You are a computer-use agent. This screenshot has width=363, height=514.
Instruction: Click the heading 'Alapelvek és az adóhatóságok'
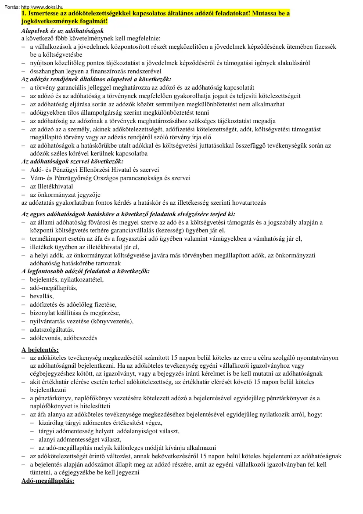click(62, 31)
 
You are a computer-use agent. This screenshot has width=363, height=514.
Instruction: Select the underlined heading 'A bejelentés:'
click(40, 350)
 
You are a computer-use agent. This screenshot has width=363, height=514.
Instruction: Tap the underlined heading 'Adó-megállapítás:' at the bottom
click(48, 481)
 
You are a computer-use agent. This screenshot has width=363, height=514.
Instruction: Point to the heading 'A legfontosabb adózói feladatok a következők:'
click(86, 271)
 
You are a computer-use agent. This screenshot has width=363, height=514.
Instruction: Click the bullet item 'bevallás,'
click(42, 296)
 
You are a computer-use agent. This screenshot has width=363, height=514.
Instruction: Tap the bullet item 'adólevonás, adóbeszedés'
click(63, 337)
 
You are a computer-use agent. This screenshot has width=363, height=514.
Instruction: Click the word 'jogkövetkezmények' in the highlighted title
click(50, 21)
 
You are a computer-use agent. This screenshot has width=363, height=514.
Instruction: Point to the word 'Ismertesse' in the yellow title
click(43, 14)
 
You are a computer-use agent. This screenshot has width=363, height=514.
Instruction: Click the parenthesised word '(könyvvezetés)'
click(112, 321)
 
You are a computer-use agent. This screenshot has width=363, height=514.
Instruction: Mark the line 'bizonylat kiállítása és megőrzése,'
click(75, 312)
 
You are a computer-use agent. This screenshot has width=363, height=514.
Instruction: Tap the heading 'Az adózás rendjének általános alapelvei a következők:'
click(96, 80)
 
